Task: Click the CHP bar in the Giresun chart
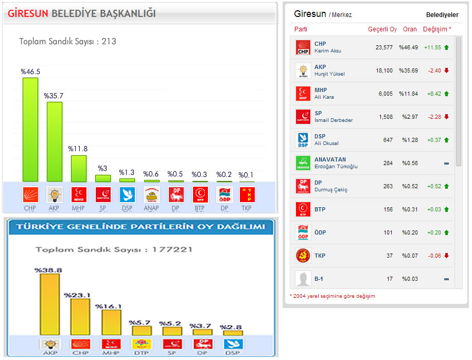point(30,129)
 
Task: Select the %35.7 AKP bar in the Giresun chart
point(54,141)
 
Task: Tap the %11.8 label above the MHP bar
point(78,149)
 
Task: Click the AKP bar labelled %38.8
point(49,304)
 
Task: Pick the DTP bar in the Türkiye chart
point(142,331)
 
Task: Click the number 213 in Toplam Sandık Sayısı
point(109,42)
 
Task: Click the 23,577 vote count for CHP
point(384,47)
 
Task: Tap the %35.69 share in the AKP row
point(408,70)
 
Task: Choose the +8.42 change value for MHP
point(433,94)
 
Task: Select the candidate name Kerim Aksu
point(328,51)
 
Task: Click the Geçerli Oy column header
point(382,29)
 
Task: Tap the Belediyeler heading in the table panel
point(442,15)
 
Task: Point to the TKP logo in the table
point(303,256)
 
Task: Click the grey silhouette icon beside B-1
point(303,279)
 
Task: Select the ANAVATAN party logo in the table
point(303,163)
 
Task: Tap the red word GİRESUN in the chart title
point(28,14)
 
